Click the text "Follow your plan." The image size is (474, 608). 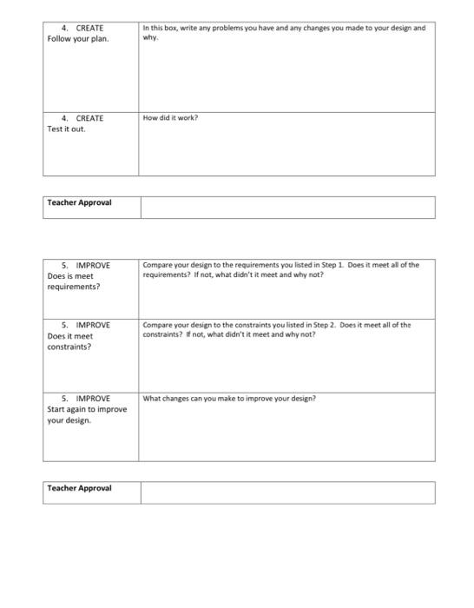[78, 39]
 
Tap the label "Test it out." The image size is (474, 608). [66, 129]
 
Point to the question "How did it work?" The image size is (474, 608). [170, 118]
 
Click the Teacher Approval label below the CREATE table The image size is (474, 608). [79, 203]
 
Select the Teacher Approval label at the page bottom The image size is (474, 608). [79, 488]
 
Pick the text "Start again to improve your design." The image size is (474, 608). [86, 415]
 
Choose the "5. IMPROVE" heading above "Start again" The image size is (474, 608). [86, 399]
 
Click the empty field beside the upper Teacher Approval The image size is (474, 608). [286, 207]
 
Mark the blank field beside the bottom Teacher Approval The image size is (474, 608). [286, 492]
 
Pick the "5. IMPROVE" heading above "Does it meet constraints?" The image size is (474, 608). [86, 325]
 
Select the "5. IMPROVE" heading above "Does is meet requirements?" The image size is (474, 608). [86, 265]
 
